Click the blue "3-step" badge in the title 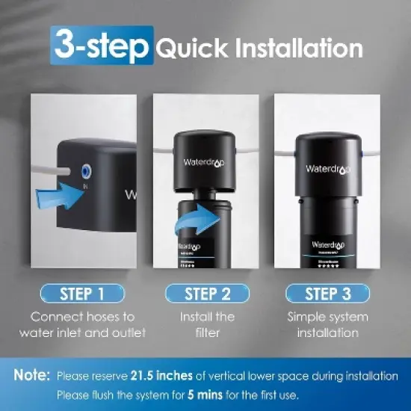pyautogui.click(x=102, y=46)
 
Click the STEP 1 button pyautogui.click(x=84, y=293)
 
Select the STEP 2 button pyautogui.click(x=206, y=293)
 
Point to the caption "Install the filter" pyautogui.click(x=206, y=325)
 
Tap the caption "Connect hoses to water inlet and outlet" pyautogui.click(x=84, y=325)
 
